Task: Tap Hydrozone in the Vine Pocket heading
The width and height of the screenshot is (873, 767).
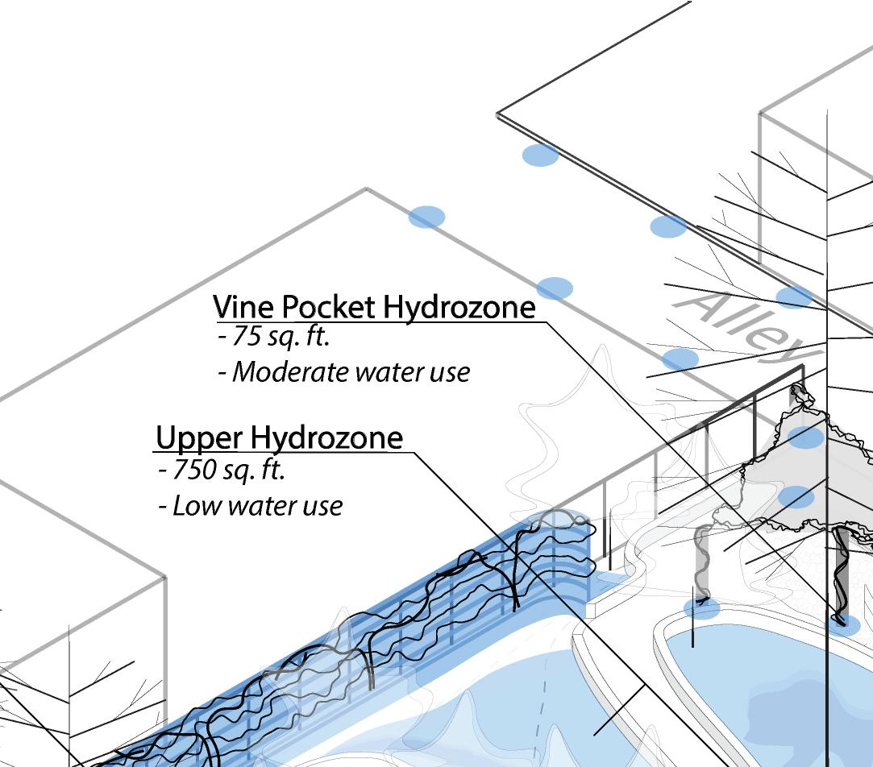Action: (459, 307)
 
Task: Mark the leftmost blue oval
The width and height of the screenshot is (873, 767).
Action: (426, 217)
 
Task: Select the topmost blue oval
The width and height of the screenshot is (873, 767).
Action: (540, 155)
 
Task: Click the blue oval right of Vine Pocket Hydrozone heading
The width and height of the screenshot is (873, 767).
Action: (555, 288)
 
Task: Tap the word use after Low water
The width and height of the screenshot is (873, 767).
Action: (322, 507)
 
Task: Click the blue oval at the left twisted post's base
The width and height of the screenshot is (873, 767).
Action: (701, 608)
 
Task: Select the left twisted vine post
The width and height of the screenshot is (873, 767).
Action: (702, 564)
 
